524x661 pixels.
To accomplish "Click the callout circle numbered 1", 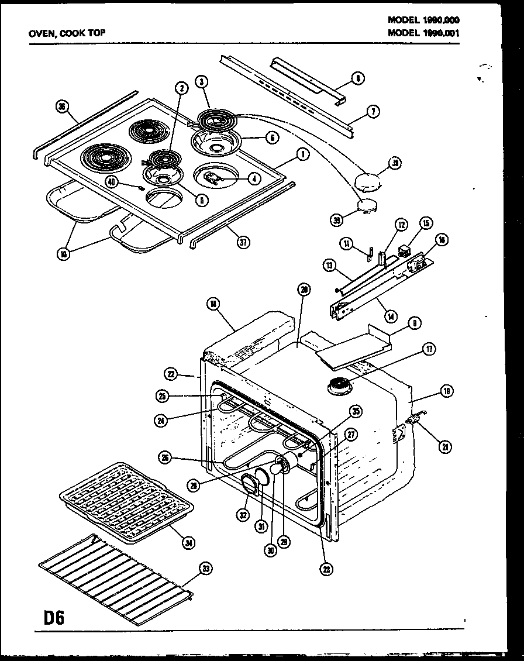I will (302, 155).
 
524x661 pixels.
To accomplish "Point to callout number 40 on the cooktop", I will (112, 182).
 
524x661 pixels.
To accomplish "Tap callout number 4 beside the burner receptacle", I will (254, 178).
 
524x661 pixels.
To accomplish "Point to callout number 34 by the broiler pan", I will (188, 542).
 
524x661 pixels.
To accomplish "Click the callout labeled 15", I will (426, 223).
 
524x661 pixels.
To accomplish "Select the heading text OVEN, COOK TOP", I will (67, 33).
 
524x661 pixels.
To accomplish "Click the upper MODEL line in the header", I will (423, 19).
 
